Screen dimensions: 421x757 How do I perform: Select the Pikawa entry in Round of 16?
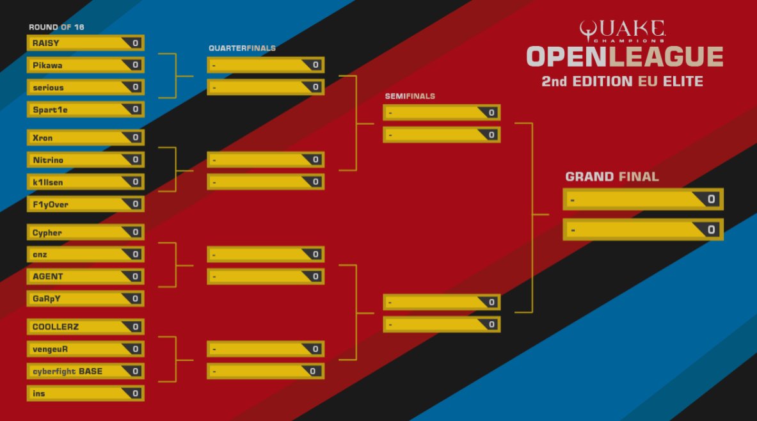tap(47, 65)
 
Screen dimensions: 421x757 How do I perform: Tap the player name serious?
tap(48, 87)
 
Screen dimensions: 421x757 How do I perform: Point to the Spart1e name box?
tap(50, 109)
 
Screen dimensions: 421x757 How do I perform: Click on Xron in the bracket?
tap(43, 138)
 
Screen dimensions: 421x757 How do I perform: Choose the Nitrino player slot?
tap(48, 160)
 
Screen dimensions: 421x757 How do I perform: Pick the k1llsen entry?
tap(48, 182)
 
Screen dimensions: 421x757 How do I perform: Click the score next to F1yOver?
tap(135, 204)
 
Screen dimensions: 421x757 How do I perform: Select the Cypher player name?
tap(47, 233)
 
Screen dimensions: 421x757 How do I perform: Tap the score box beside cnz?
tap(135, 255)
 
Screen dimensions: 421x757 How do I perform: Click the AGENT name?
tap(48, 276)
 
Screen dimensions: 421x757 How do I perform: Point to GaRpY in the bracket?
tap(47, 299)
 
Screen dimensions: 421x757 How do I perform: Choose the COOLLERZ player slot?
tap(55, 327)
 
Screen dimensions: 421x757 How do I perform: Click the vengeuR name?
tap(50, 349)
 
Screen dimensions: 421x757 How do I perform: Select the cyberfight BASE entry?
tap(67, 371)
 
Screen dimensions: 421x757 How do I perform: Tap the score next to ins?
tap(135, 393)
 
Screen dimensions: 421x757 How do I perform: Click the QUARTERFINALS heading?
tap(242, 48)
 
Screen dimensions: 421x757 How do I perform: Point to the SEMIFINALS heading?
tap(410, 96)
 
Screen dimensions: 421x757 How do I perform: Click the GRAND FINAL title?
tap(612, 177)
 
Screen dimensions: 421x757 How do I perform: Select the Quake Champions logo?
tap(622, 31)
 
